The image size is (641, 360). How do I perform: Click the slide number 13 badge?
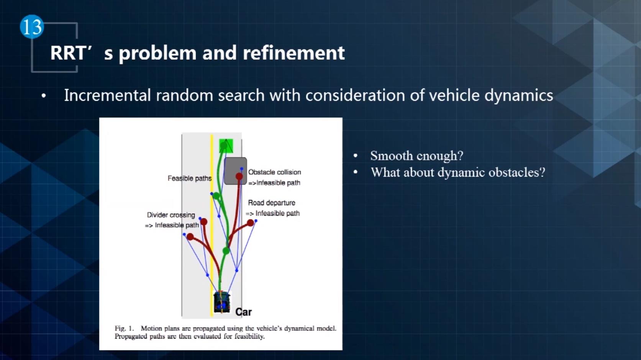point(32,27)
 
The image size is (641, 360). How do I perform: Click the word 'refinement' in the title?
point(293,53)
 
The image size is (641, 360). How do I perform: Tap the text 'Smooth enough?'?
point(416,156)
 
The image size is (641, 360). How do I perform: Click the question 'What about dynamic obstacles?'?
point(457,172)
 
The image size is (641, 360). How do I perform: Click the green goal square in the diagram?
point(226,146)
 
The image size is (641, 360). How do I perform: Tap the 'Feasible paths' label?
point(189,178)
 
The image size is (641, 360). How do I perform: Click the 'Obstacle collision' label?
point(274,172)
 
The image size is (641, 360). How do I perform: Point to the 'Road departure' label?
point(271,203)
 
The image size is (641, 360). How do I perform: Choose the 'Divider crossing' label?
point(171,215)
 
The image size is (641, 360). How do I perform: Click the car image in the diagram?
point(222,302)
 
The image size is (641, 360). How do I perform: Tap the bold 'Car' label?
point(243,312)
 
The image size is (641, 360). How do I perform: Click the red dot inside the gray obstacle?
point(239,176)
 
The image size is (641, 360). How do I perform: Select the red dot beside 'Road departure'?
point(250,223)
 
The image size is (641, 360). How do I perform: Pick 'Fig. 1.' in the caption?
point(124,328)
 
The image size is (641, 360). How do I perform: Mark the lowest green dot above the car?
point(226,251)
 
